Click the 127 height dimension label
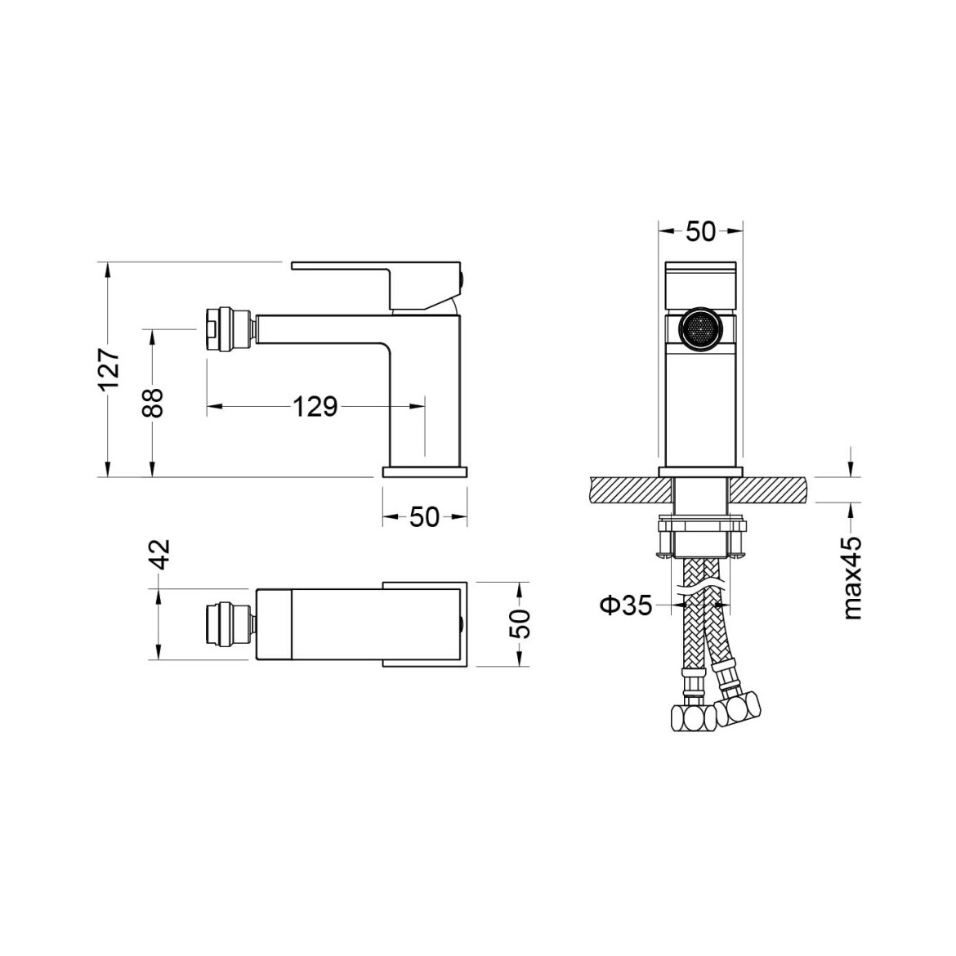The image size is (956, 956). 109,369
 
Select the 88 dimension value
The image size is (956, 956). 154,402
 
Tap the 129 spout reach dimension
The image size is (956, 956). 315,406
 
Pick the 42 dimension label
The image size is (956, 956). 159,554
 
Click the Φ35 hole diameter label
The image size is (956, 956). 626,605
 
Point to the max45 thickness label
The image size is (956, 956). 852,578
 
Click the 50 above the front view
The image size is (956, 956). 700,231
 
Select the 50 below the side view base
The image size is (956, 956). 424,517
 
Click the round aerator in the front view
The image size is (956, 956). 700,328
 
